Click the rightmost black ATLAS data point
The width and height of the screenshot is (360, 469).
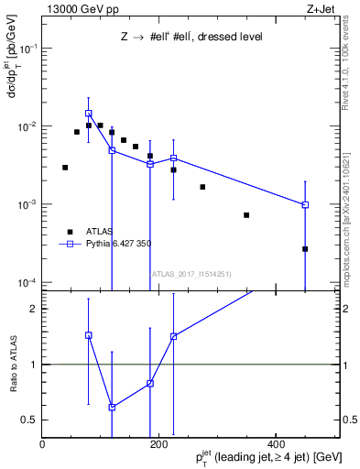click(305, 248)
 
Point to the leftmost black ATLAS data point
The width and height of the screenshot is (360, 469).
click(65, 168)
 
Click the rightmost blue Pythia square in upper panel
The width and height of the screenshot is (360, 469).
click(305, 205)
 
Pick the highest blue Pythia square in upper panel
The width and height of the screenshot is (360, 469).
click(89, 114)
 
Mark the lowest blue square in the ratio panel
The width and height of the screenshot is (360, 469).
click(112, 407)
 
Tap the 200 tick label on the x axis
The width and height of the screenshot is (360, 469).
click(158, 444)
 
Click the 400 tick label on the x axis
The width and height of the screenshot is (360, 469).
click(276, 444)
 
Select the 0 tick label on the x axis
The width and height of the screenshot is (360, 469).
click(42, 444)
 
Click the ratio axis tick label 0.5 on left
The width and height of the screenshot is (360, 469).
click(30, 420)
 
